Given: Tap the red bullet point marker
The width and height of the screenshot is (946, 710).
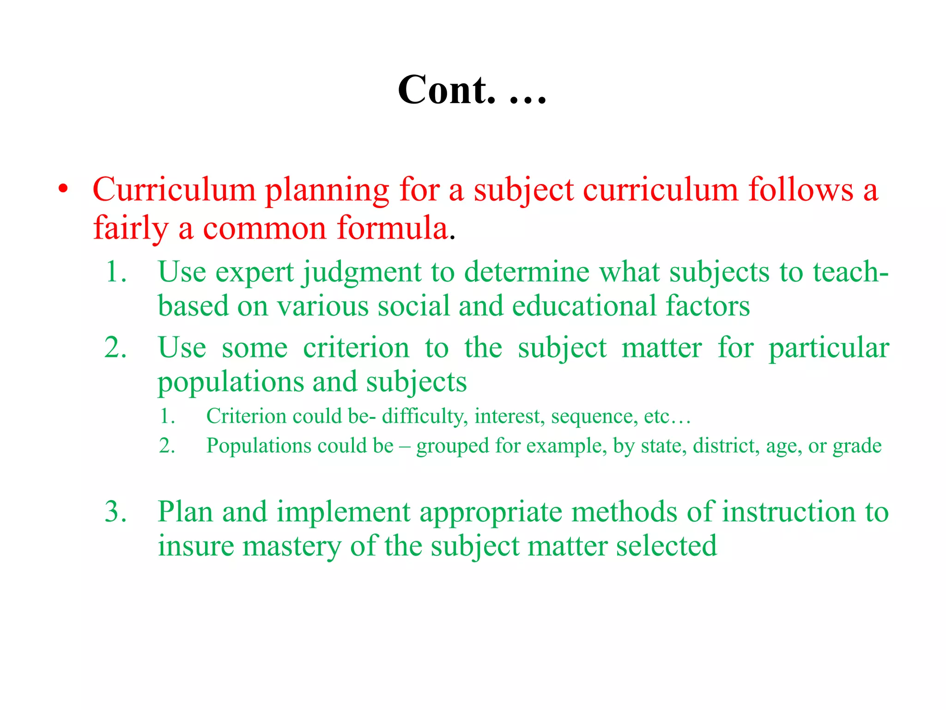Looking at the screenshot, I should pos(63,190).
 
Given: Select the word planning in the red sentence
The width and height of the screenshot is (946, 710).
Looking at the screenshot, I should pos(327,190).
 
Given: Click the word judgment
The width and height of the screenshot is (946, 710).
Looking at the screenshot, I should pos(362,273).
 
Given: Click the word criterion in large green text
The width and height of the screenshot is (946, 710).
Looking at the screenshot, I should pos(356,348).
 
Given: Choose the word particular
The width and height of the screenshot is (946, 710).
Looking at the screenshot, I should pos(829,349).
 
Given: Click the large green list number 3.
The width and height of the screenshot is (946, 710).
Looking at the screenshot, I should pos(115,512).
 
